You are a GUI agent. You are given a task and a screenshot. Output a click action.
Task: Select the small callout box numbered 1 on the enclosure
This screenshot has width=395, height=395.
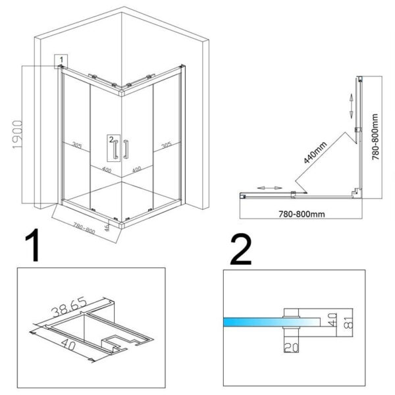60,61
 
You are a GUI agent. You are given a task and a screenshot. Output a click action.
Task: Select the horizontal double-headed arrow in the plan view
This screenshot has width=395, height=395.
265,188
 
